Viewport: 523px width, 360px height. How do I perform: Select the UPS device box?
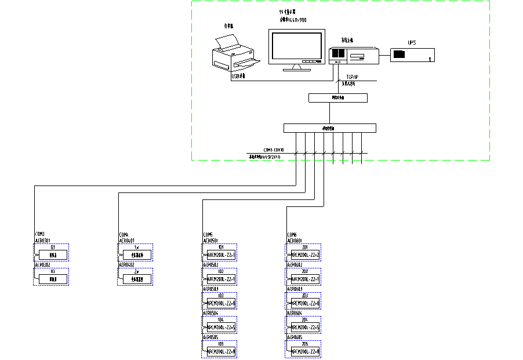412,55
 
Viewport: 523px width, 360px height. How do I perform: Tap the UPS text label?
412,42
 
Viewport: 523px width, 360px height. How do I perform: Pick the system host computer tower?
354,55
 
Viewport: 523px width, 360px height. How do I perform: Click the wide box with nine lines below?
329,128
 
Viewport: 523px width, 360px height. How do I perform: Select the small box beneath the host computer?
338,98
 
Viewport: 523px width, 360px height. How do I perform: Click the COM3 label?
40,235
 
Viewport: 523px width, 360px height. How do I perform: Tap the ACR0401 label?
126,240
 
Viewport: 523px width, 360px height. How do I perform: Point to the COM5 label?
208,235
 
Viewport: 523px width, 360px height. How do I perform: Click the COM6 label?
292,235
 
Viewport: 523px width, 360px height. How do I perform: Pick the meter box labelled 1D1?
221,254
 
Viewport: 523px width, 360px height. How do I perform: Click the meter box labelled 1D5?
221,351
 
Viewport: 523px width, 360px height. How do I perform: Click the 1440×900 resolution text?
293,20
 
